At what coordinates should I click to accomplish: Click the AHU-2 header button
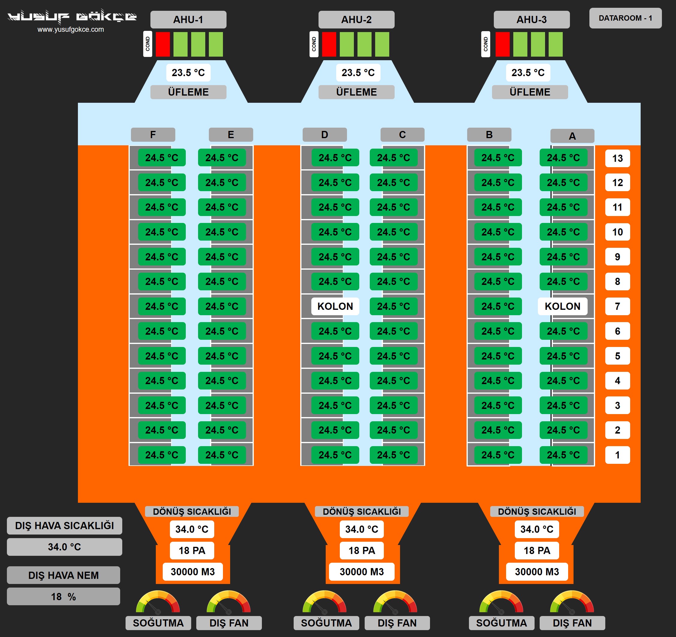coord(356,19)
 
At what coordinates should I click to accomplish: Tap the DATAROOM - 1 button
coord(625,18)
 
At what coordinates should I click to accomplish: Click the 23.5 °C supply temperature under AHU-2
coord(358,73)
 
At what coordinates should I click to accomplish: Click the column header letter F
coord(153,135)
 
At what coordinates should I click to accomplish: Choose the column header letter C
coord(402,135)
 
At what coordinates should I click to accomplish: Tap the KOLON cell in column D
coord(335,306)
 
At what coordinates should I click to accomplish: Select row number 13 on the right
coord(617,158)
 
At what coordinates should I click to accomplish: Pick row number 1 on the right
coord(617,455)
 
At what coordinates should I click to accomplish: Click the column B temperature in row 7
coord(497,306)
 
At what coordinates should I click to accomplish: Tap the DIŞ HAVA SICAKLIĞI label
coord(64,526)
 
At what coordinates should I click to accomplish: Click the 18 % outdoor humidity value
coord(63,597)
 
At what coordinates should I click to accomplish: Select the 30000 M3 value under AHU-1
coord(192,572)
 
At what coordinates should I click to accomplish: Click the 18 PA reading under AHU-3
coord(537,550)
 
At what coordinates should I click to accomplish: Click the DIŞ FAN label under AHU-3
coord(572,623)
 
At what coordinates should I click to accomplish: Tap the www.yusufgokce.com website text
coord(71,30)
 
